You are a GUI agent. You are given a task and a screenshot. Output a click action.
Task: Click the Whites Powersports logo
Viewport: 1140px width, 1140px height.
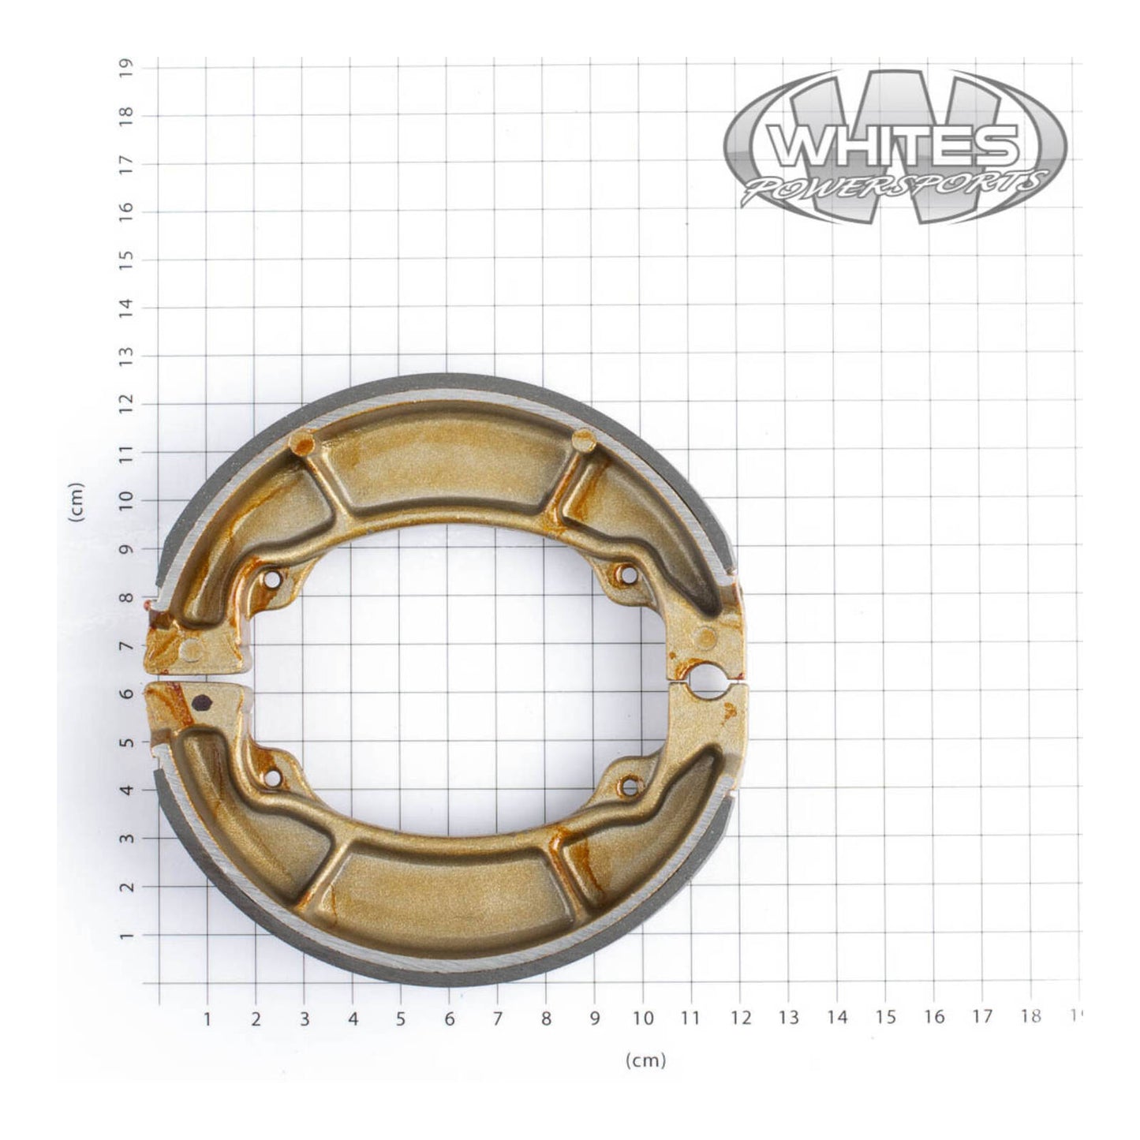(895, 147)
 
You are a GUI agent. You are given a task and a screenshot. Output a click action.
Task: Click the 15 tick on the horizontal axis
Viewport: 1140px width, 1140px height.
(886, 1018)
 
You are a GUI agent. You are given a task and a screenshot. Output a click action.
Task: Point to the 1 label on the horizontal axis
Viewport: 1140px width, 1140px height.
(207, 1018)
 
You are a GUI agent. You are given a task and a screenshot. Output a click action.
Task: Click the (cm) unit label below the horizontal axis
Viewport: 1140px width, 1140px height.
(645, 1061)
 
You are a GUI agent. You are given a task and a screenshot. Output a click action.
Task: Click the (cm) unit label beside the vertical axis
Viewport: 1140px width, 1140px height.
(77, 502)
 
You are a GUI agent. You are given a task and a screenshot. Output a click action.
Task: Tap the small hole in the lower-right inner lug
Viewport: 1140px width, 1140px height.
(630, 785)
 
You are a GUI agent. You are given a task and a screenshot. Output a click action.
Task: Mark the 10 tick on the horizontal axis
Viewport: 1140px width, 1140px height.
(644, 1018)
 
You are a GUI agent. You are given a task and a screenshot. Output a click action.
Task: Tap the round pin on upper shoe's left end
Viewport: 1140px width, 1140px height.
(191, 649)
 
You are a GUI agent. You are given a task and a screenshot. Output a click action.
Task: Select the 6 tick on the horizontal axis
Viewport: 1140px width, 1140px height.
(450, 1018)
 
